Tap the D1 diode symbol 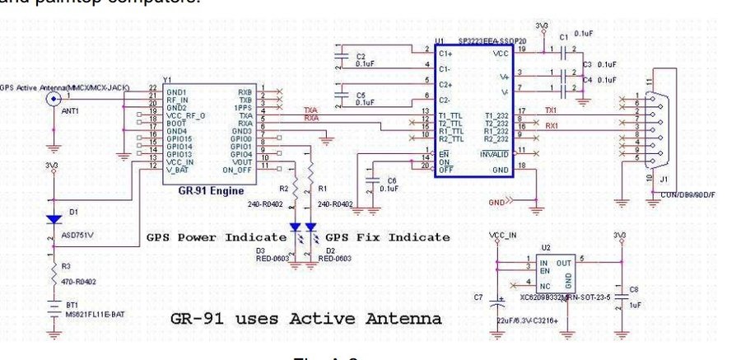(54, 220)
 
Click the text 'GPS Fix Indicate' (389, 237)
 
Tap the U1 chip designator (440, 40)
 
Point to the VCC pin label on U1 (501, 53)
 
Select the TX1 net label (551, 110)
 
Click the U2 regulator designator (545, 246)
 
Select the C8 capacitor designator (632, 288)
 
